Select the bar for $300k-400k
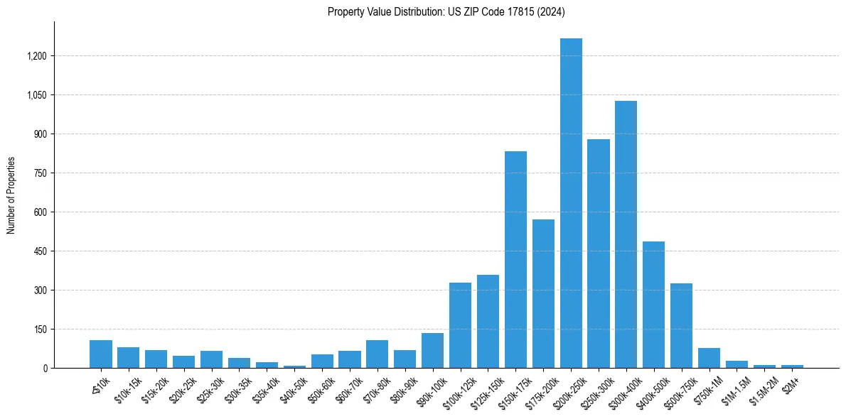point(626,234)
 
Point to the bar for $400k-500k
point(654,305)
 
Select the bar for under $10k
point(101,354)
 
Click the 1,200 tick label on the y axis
point(36,56)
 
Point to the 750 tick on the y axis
point(40,173)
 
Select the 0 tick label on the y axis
point(45,368)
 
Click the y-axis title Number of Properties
point(11,195)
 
